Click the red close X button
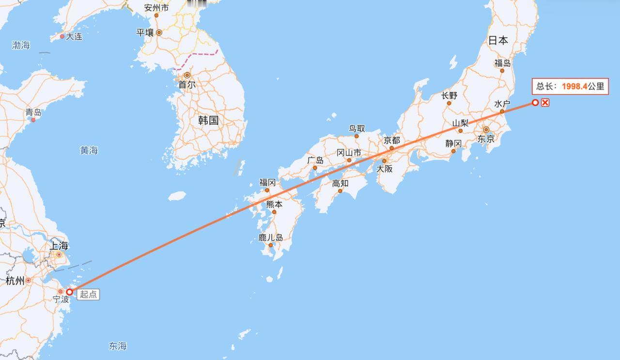coord(545,102)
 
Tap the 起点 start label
coord(88,294)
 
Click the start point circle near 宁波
coord(70,292)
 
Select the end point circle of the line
coord(535,102)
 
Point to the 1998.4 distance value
coord(574,87)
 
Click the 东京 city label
coord(486,139)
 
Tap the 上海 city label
coord(59,246)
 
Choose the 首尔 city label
coord(187,85)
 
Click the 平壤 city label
coord(145,32)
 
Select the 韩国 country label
coord(208,121)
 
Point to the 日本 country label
coord(498,41)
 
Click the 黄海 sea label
coord(89,151)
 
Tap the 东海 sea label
coord(118,346)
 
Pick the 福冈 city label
coord(267,183)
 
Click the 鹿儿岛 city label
coord(271,238)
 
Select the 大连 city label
coord(74,36)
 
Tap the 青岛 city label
coord(33,112)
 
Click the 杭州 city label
coord(15,281)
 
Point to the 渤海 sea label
coord(21,45)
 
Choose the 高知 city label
coord(340,183)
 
